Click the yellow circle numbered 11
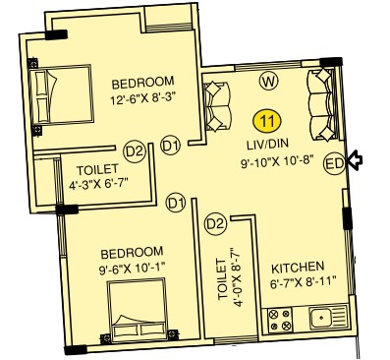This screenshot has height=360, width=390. [x=267, y=121]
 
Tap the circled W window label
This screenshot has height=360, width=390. [x=268, y=81]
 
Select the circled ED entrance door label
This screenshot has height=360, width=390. [x=334, y=163]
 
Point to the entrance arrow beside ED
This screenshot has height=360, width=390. [x=355, y=160]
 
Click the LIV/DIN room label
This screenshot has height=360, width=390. [x=267, y=144]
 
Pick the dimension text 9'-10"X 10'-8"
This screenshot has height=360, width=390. [x=277, y=161]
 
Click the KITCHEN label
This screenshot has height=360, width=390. [x=298, y=268]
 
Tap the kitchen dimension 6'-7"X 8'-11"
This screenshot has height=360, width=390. [x=304, y=282]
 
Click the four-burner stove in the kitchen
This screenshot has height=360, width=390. [x=280, y=320]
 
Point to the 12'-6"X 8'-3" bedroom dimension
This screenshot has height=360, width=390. [x=143, y=98]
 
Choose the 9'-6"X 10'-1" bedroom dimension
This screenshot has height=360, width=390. [x=132, y=270]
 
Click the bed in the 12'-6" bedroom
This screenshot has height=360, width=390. [x=61, y=95]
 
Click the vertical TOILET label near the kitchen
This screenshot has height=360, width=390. [x=222, y=279]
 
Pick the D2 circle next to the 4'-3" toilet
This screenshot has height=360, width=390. [x=135, y=152]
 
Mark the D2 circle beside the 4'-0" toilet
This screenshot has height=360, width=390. [x=215, y=224]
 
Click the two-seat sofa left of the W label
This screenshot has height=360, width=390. [x=216, y=106]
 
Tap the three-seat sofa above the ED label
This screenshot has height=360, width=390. [x=322, y=104]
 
